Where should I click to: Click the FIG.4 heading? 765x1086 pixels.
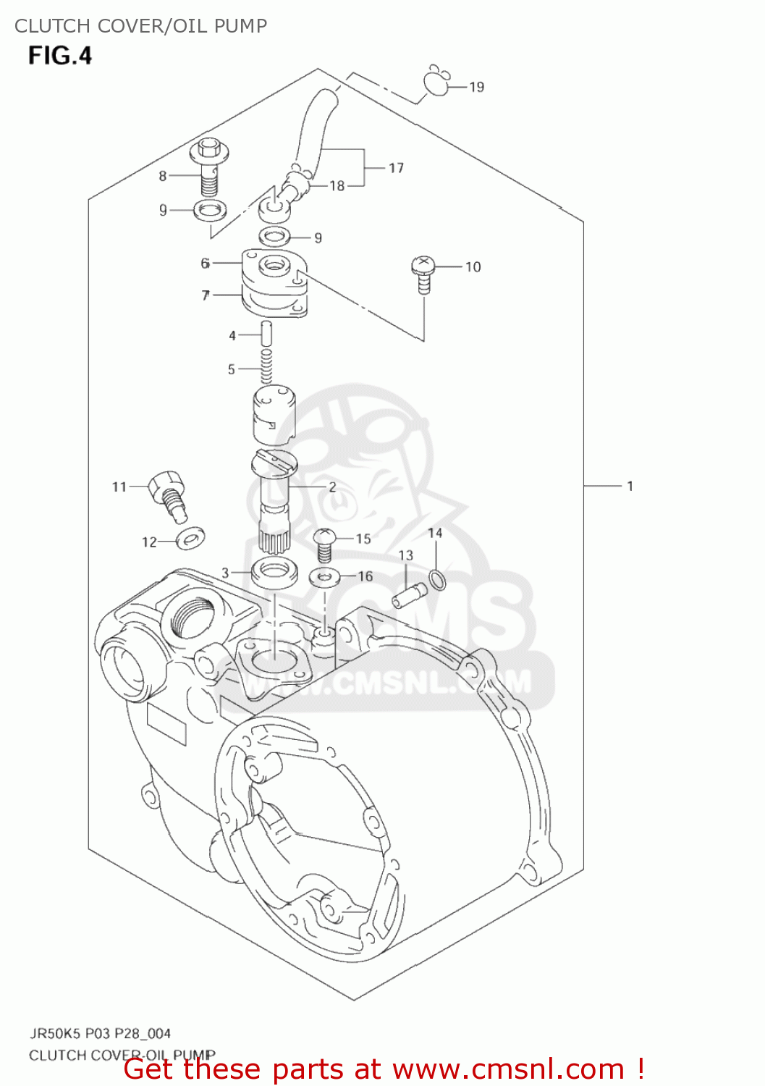click(x=60, y=56)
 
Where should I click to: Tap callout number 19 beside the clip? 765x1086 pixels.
click(x=476, y=87)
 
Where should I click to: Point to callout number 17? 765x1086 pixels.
click(x=396, y=168)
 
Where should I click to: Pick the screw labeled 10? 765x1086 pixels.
click(x=423, y=274)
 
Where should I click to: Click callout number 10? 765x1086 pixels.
click(x=473, y=267)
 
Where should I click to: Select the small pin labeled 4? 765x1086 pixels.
click(x=266, y=334)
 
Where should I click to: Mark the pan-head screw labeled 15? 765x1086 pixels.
click(x=324, y=544)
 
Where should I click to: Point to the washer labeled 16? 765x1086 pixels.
click(x=325, y=577)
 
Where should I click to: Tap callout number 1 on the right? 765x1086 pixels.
click(x=630, y=486)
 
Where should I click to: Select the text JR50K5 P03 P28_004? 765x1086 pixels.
click(x=100, y=1033)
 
